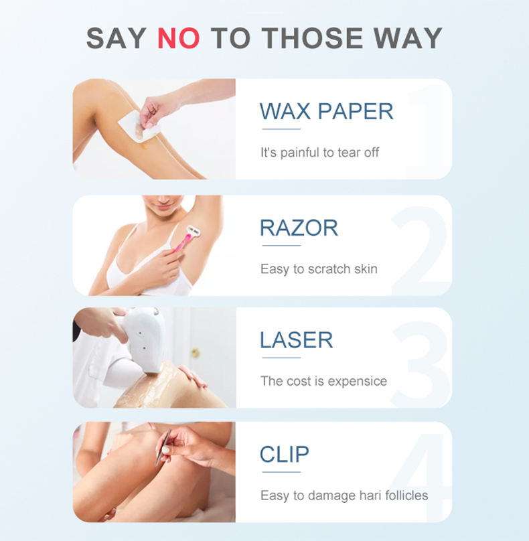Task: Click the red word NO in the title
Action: point(178,38)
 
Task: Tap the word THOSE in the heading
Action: point(312,38)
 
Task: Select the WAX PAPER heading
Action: point(326,111)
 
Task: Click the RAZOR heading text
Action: point(299,228)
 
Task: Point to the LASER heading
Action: point(296,340)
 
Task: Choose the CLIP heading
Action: point(285,454)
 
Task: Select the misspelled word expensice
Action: point(357,382)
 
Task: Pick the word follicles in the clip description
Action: point(406,495)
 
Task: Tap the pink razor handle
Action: point(183,242)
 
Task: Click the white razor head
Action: point(194,231)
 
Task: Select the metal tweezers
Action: point(163,447)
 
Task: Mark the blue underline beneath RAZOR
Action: point(281,245)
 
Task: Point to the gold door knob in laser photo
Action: point(196,353)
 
